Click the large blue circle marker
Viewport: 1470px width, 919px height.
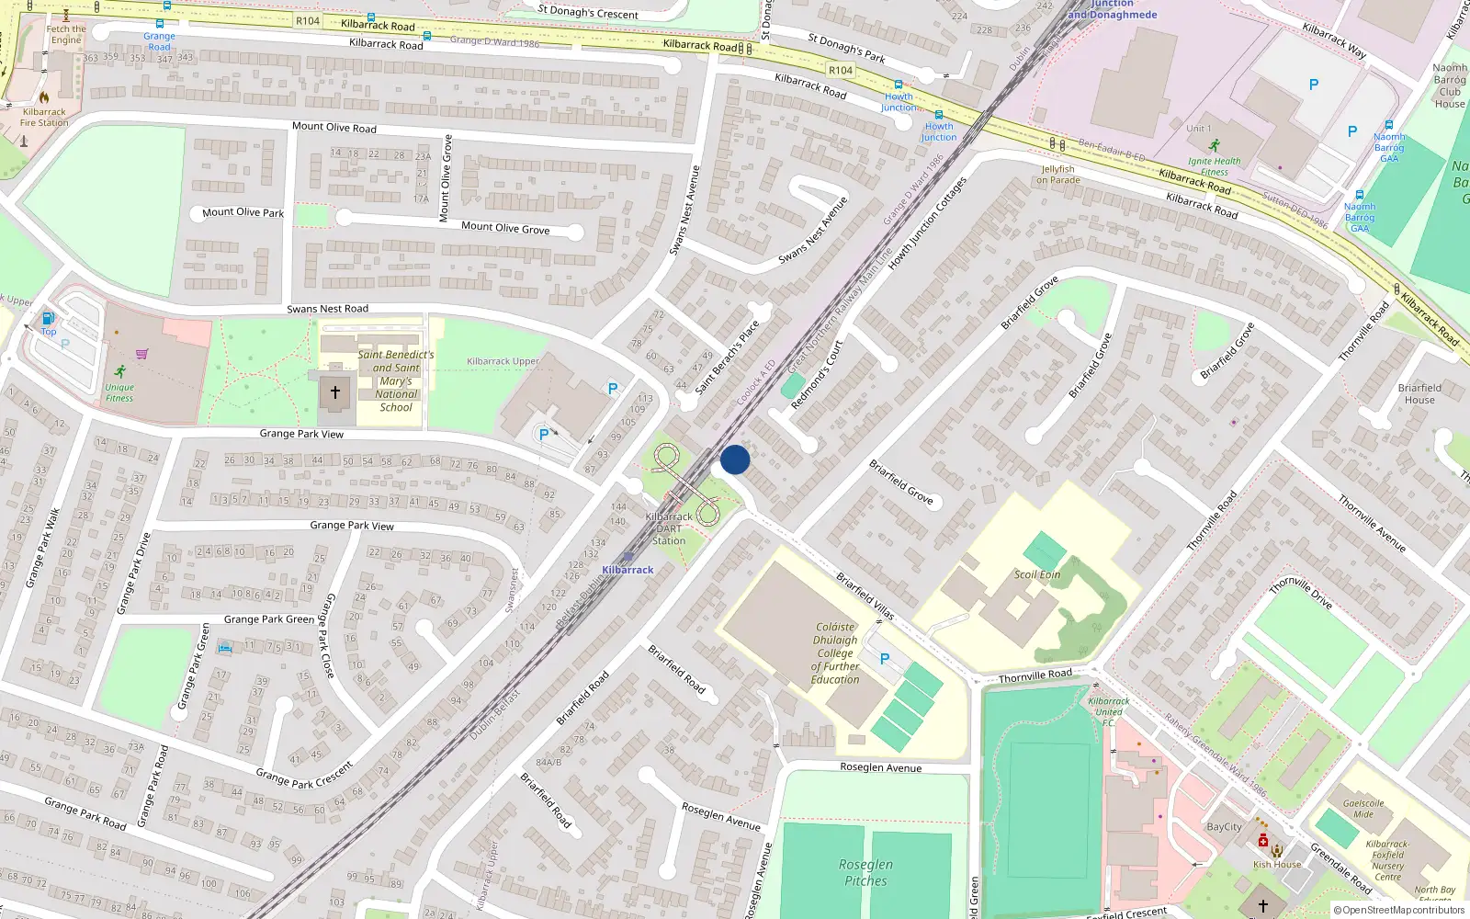[x=735, y=459]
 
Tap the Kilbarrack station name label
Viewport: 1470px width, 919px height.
[x=628, y=570]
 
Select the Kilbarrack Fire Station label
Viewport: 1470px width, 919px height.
[x=44, y=118]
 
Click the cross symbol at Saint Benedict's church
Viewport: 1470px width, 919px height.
[x=335, y=392]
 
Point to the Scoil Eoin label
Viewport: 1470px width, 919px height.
[x=1037, y=574]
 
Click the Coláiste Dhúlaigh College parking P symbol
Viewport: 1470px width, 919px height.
[x=885, y=659]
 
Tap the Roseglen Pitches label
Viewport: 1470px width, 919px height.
[x=865, y=872]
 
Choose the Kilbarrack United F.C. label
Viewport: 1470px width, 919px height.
[x=1109, y=711]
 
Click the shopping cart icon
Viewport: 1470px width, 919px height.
[x=141, y=353]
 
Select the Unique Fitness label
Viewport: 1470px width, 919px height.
[x=119, y=392]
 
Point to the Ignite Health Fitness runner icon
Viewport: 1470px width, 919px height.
[x=1215, y=145]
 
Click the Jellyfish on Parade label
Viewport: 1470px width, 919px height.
[x=1058, y=175]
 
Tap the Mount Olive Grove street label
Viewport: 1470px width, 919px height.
[x=505, y=228]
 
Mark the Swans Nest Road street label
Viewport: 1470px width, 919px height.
[x=327, y=309]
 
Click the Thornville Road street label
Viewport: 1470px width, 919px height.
[x=1035, y=675]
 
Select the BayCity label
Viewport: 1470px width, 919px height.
[x=1224, y=827]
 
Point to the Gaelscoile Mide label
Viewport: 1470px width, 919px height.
[x=1363, y=808]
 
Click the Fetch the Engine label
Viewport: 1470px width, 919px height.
[x=66, y=34]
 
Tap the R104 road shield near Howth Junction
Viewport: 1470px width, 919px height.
[x=841, y=70]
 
